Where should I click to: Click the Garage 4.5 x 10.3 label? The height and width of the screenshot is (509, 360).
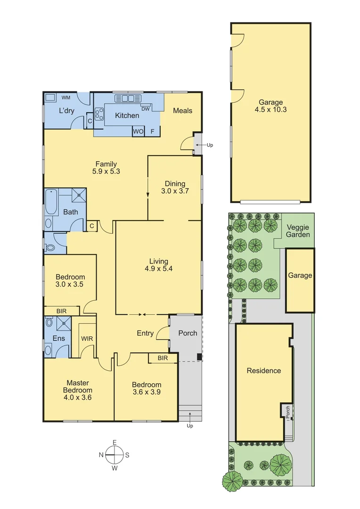point(270,106)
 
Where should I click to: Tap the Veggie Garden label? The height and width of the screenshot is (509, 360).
point(298,230)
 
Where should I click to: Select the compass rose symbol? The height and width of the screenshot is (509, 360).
point(114,455)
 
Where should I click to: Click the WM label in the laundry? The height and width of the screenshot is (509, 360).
point(66,98)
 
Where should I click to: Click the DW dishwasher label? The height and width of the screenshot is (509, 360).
point(146,108)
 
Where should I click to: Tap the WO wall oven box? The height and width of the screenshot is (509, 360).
point(138,131)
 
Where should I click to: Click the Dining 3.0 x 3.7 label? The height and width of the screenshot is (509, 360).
point(174,188)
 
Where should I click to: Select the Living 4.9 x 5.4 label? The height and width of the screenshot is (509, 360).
point(158,265)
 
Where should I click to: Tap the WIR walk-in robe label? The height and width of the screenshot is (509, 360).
point(87,338)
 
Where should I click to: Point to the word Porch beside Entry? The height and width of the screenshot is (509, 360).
point(188,333)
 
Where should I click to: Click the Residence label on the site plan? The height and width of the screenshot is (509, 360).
point(264,370)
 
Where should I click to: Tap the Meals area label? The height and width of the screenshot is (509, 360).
point(182,110)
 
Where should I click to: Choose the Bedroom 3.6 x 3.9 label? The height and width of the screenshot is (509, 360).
point(146,389)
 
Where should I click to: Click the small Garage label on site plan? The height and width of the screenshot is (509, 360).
point(300,275)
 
